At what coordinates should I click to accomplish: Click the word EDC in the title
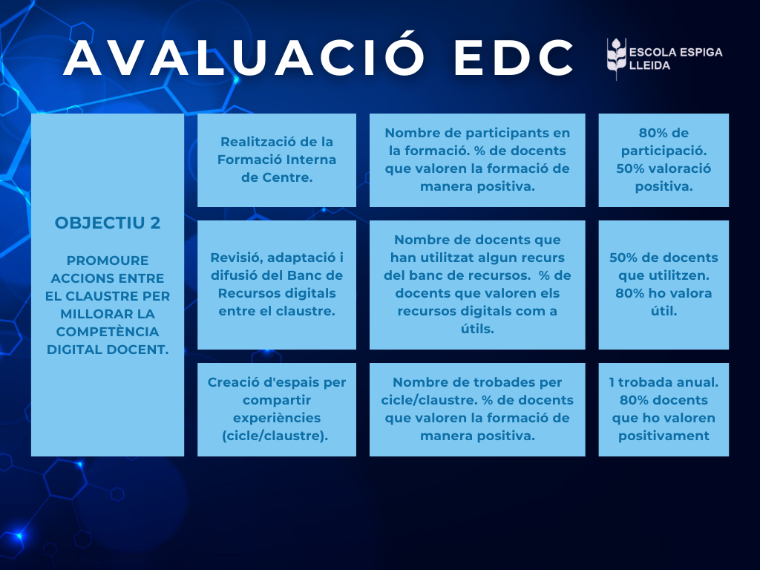click(x=514, y=58)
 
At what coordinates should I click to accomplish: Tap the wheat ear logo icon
click(x=616, y=59)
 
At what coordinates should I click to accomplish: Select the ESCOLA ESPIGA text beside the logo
click(x=675, y=53)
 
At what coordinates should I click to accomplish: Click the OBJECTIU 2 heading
click(x=107, y=223)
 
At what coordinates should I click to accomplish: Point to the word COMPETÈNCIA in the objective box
click(x=107, y=332)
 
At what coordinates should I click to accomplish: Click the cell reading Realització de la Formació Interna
click(x=277, y=160)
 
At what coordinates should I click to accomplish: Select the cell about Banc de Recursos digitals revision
click(x=277, y=285)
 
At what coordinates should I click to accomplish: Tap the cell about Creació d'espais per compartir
click(x=277, y=410)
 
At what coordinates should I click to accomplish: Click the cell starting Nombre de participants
click(x=477, y=160)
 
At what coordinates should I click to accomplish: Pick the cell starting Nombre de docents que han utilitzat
click(x=477, y=285)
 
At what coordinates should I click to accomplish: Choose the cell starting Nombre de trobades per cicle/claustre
click(x=477, y=410)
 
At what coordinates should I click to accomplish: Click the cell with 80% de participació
click(x=664, y=160)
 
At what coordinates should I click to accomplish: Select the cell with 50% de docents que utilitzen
click(x=664, y=285)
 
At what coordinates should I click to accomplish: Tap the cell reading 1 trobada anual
click(x=664, y=410)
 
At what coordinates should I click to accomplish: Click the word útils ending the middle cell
click(x=477, y=329)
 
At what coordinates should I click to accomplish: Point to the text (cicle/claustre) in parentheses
click(x=275, y=436)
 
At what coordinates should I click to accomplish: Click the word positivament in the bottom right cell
click(x=664, y=436)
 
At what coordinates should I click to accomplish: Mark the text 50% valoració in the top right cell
click(x=664, y=168)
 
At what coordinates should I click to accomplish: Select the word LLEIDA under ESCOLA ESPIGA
click(x=649, y=65)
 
